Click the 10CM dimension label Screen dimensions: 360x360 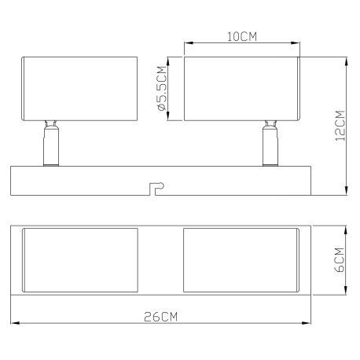[x=241, y=37]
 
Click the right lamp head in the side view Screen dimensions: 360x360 [x=241, y=88]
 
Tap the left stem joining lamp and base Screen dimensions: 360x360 [x=50, y=144]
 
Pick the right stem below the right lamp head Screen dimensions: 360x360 [x=270, y=144]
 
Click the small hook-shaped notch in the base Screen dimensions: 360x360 [x=156, y=186]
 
